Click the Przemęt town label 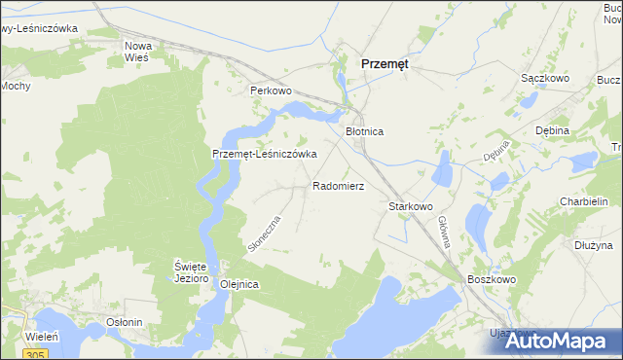(385, 62)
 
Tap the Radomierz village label (338, 185)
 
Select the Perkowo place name (271, 90)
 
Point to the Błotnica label (365, 130)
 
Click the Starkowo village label (410, 206)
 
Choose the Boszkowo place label (490, 278)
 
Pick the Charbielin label (584, 201)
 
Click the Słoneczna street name (264, 234)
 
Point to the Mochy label (16, 86)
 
